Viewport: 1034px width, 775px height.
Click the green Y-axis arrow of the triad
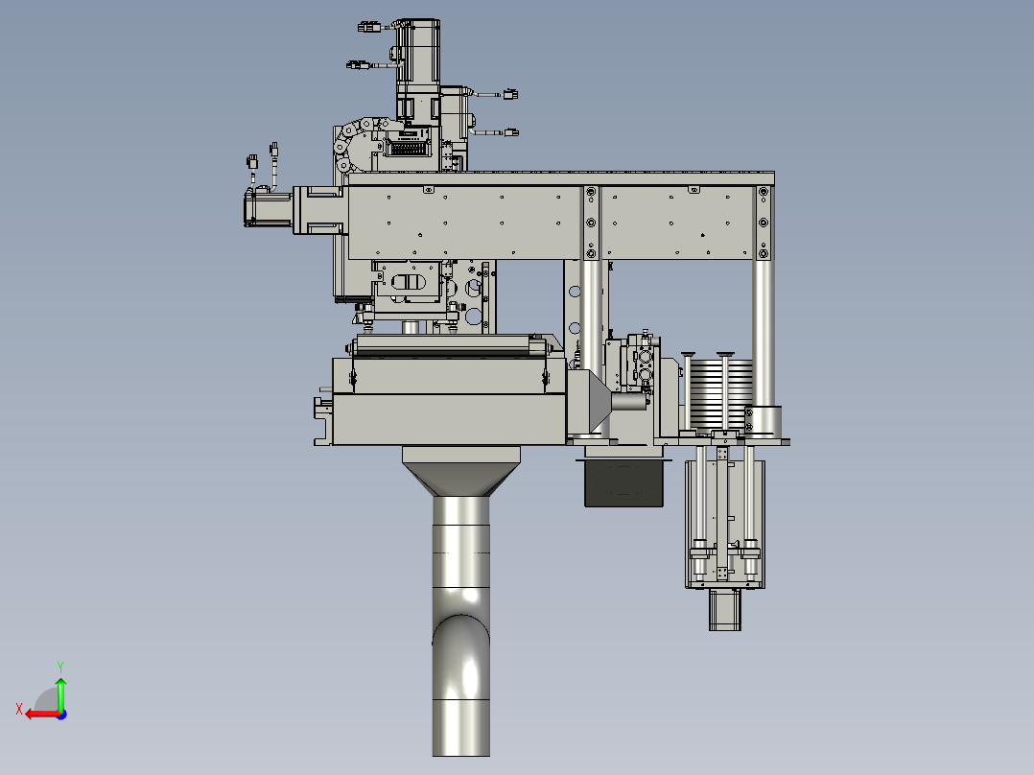coord(60,693)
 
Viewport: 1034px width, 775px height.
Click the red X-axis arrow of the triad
coord(43,715)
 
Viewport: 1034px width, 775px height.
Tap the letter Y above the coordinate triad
coord(60,667)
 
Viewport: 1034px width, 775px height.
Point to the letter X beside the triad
coord(19,709)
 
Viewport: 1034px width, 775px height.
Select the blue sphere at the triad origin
coord(61,715)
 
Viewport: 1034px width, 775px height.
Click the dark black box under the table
coord(623,483)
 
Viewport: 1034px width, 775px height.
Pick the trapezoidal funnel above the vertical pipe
coord(461,471)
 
